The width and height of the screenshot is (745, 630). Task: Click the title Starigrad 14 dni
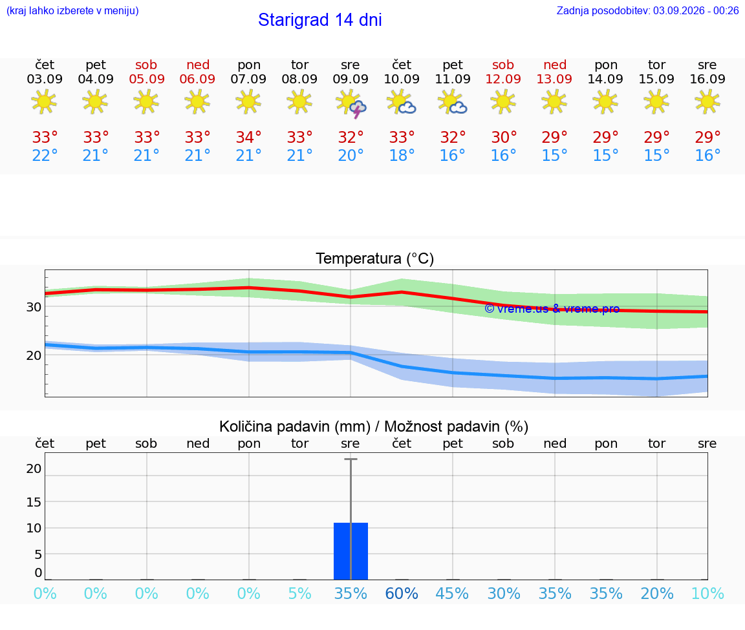(319, 20)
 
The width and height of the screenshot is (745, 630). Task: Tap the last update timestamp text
(647, 10)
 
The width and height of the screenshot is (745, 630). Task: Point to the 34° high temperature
(248, 137)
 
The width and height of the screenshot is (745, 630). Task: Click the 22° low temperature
(45, 155)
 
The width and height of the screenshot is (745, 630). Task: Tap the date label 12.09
(503, 79)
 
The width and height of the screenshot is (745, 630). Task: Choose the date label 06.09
(198, 79)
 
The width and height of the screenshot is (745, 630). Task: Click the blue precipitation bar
(351, 551)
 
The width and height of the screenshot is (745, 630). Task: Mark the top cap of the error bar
(351, 459)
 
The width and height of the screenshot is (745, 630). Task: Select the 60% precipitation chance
(402, 593)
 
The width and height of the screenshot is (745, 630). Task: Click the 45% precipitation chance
(452, 593)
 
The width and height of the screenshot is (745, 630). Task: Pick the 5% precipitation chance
(300, 593)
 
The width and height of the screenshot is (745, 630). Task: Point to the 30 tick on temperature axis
(34, 307)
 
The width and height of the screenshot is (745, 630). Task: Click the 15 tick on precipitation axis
(34, 502)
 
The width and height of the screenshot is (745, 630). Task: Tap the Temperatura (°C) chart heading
(375, 258)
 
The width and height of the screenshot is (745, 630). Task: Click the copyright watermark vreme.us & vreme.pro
(552, 309)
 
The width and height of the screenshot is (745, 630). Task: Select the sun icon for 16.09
(707, 101)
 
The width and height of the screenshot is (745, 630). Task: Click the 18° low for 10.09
(402, 155)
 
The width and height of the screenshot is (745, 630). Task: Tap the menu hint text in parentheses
(72, 10)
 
